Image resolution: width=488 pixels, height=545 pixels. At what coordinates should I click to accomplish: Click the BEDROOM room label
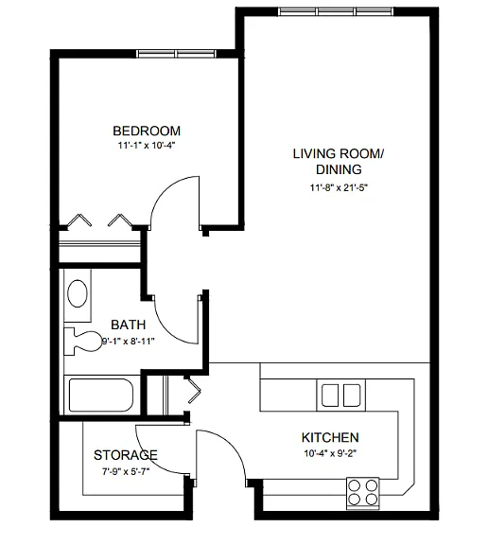point(147,131)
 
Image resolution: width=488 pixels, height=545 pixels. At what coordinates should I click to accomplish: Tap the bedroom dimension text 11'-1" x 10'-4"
point(147,146)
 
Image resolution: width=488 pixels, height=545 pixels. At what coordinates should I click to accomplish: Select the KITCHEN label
point(330,437)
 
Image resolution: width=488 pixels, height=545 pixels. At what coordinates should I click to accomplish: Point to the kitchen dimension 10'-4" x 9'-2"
point(330,453)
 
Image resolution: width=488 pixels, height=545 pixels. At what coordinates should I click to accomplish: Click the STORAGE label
point(126,455)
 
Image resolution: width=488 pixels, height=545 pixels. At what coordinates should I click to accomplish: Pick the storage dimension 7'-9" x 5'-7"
point(126,471)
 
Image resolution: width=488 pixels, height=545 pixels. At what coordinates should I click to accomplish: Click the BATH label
point(129,325)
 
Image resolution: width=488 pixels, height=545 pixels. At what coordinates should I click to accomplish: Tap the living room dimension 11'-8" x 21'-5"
point(339,187)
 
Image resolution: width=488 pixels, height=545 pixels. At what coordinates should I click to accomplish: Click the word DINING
point(339,169)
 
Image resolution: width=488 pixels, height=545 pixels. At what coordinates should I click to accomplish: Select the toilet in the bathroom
point(82,342)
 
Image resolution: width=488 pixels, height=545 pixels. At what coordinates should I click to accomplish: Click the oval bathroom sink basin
point(78,293)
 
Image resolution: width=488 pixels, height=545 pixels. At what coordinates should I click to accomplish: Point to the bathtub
point(101,396)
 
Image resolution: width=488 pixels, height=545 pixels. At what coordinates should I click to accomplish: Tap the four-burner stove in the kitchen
point(362,494)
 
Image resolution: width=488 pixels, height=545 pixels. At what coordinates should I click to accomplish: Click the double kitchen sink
point(340,396)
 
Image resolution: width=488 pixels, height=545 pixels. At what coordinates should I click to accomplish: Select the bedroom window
point(176,54)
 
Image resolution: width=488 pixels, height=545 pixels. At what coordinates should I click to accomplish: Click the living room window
point(337,11)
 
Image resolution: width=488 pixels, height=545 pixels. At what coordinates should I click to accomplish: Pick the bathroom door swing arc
point(166,329)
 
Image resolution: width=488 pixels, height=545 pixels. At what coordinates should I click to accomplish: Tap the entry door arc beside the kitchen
point(233,446)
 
